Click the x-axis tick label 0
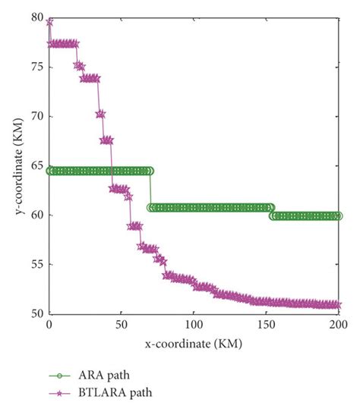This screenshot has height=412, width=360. coord(49,324)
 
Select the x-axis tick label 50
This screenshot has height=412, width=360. coord(122,324)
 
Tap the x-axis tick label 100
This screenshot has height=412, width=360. coord(194,324)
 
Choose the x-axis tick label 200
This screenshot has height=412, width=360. coord(338,324)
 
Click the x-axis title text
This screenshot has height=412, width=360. coord(193,344)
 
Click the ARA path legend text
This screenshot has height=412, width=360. coord(94,373)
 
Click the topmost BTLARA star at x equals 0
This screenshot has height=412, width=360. coord(49,23)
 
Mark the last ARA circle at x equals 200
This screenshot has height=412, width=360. coord(338,215)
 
